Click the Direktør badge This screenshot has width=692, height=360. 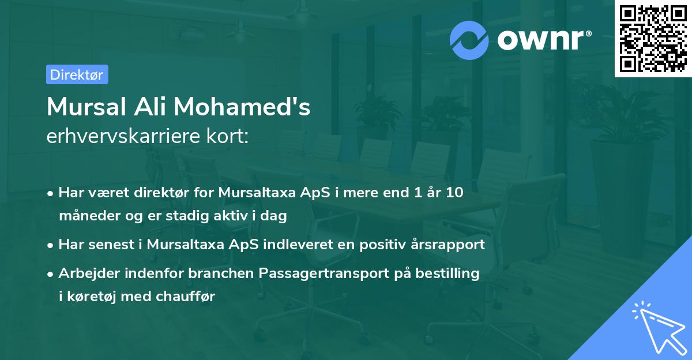pyautogui.click(x=77, y=75)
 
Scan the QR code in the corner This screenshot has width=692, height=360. pyautogui.click(x=653, y=38)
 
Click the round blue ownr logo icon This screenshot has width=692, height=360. pyautogui.click(x=469, y=40)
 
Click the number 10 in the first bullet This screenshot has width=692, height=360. pyautogui.click(x=454, y=192)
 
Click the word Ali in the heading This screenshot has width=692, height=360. pyautogui.click(x=150, y=107)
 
